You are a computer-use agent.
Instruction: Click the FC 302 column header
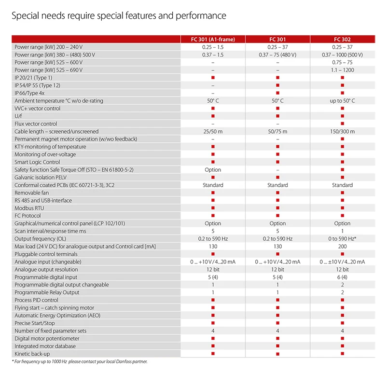342,40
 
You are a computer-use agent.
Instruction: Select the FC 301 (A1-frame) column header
213,40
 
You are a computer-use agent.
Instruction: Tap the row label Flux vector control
36,124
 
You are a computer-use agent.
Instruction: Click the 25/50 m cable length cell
213,131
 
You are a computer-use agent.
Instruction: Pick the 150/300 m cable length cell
342,131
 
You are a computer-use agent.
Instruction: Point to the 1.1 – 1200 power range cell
342,70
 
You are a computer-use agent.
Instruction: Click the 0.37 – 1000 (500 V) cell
342,55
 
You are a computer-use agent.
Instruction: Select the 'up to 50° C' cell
342,101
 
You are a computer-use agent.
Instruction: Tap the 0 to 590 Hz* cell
342,239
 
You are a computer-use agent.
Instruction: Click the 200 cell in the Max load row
342,247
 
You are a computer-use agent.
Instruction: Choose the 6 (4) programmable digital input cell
342,277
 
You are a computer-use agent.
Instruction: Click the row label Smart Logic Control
37,162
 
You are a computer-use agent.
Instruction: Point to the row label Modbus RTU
29,208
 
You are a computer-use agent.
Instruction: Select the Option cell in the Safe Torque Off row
213,170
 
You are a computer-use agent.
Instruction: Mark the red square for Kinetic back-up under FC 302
342,354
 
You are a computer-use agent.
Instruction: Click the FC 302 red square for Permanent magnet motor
342,139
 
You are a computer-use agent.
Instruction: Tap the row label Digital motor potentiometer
46,339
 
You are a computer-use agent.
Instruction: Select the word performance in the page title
202,16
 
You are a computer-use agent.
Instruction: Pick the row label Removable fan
32,193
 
